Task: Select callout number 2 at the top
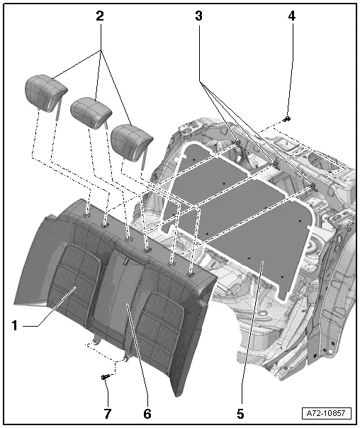[x=100, y=15]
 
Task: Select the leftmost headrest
[x=45, y=89]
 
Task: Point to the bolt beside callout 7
[x=105, y=377]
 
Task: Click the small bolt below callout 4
[x=287, y=118]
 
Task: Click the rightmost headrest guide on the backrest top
[x=190, y=271]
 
